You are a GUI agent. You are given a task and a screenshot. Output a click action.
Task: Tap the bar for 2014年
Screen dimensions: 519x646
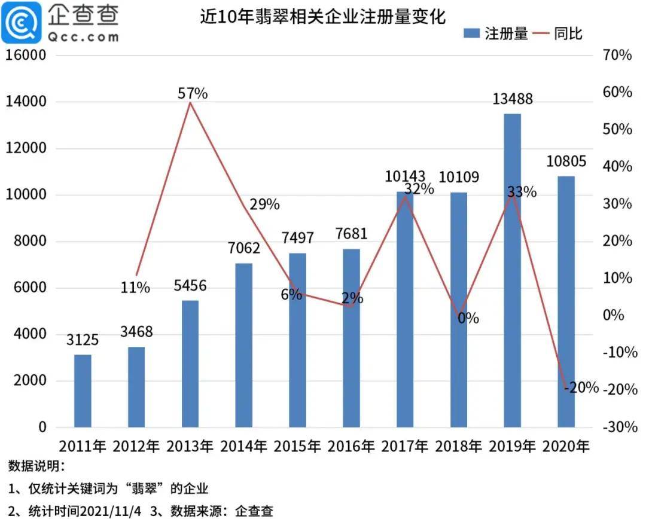243,345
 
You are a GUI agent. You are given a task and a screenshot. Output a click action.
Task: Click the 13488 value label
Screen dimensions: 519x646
512,99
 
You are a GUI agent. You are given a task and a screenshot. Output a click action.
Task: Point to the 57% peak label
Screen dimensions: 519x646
192,93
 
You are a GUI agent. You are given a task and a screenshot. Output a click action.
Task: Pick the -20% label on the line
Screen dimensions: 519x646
581,387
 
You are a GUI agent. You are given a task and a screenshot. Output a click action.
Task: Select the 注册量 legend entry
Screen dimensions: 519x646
495,33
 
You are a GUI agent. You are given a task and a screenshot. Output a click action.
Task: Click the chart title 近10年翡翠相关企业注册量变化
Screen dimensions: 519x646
323,17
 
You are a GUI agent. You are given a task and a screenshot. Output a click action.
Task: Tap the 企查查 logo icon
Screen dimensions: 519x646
22,22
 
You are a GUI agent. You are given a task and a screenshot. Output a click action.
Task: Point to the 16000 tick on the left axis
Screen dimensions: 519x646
26,56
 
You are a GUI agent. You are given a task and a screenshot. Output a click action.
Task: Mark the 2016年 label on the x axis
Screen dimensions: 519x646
351,446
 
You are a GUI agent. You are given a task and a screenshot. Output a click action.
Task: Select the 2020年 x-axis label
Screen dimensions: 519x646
565,446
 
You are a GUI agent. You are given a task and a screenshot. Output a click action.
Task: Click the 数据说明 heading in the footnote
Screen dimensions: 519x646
36,466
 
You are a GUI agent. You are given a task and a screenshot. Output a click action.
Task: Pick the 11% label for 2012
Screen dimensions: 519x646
135,288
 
